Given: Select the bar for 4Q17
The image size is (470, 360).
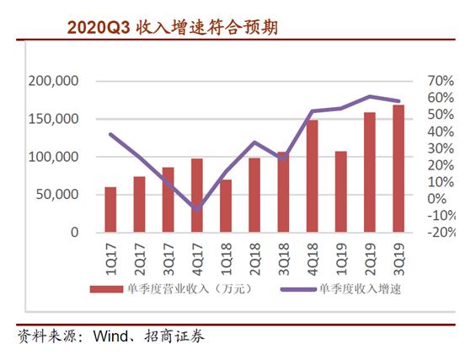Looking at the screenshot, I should (x=197, y=195).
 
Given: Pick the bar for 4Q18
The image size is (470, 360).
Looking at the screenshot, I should (x=312, y=176).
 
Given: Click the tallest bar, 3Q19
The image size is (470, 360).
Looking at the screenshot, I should (x=398, y=168).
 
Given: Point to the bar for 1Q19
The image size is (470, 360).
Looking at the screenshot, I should (x=341, y=191).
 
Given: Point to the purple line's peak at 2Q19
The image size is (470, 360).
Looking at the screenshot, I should (x=370, y=96).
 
